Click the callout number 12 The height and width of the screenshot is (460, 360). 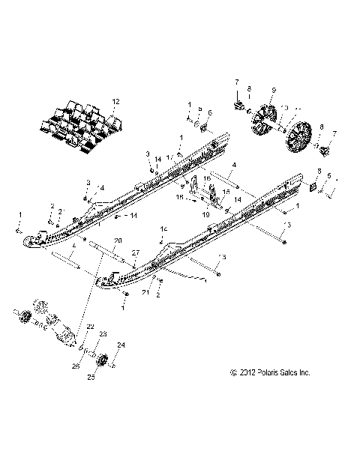115,100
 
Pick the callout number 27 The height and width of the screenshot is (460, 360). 136,254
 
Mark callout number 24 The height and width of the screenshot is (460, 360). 122,345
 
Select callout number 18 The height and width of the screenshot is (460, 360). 178,199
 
